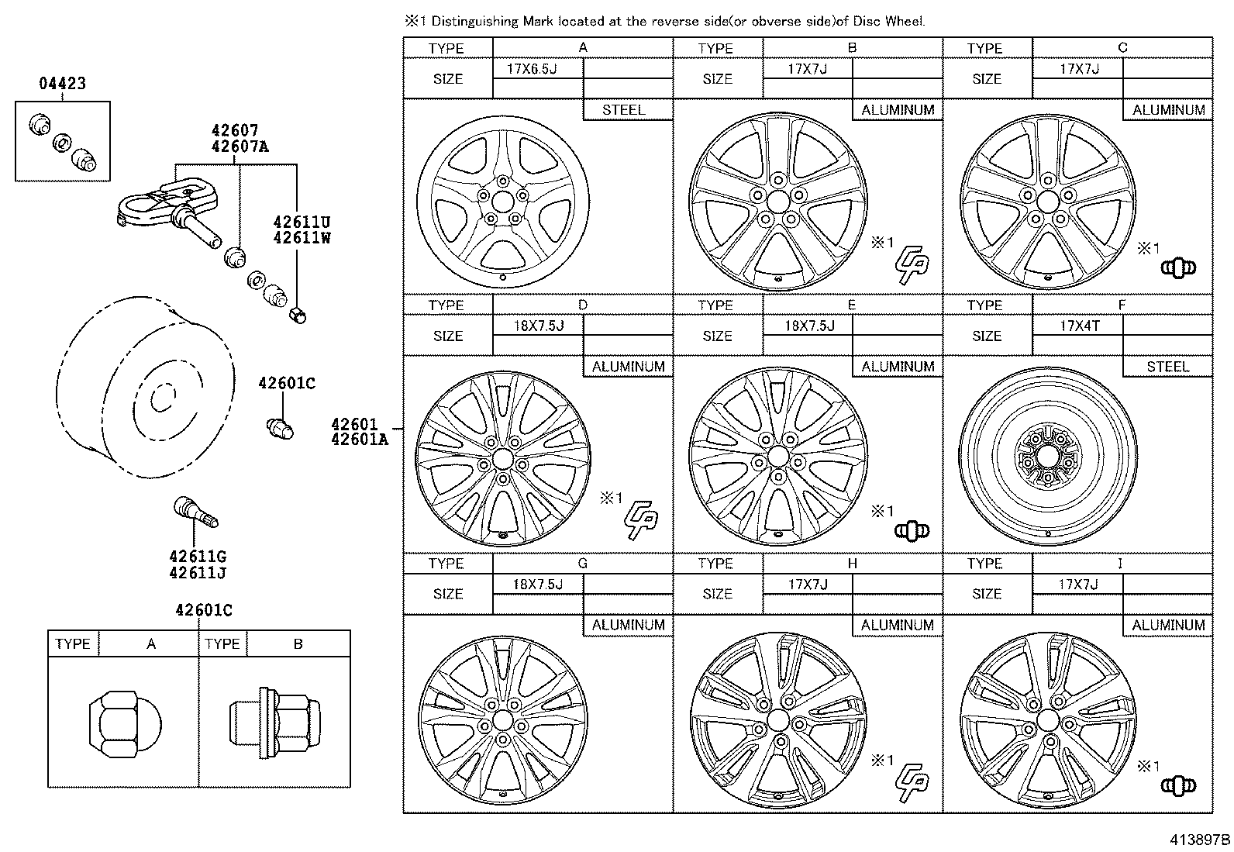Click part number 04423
(x=62, y=84)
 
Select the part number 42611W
(x=302, y=239)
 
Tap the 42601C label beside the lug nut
(x=286, y=383)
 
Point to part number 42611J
(x=198, y=573)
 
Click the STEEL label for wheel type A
(x=623, y=110)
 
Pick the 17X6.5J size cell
(x=532, y=69)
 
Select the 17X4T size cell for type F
(x=1079, y=326)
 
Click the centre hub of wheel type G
(x=502, y=719)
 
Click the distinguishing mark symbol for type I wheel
(x=1178, y=786)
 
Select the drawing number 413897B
(x=1200, y=839)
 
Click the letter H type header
(x=852, y=564)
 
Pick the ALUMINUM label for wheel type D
(x=628, y=367)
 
